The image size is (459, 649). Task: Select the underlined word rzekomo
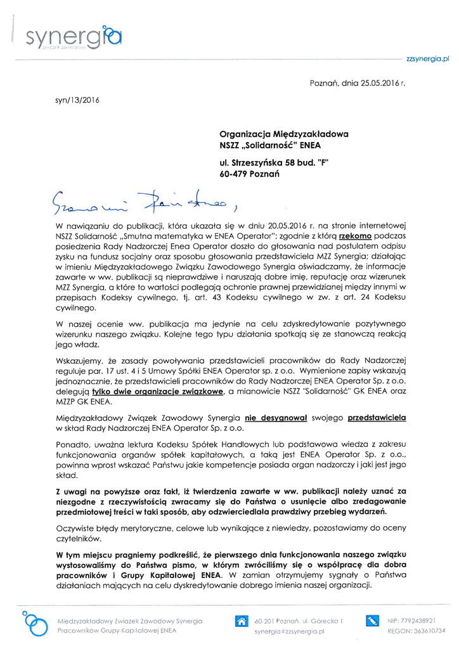pyautogui.click(x=356, y=235)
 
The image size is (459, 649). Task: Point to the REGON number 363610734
pyautogui.click(x=429, y=631)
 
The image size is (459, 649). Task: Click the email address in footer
pyautogui.click(x=289, y=631)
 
